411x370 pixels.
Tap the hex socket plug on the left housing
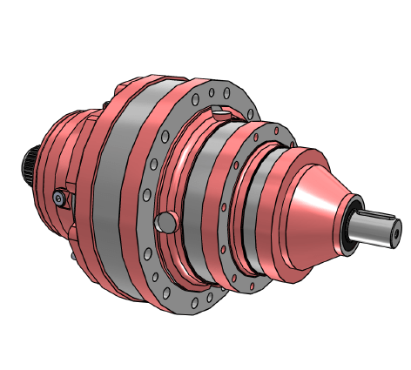(58, 198)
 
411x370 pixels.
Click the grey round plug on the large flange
(163, 224)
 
